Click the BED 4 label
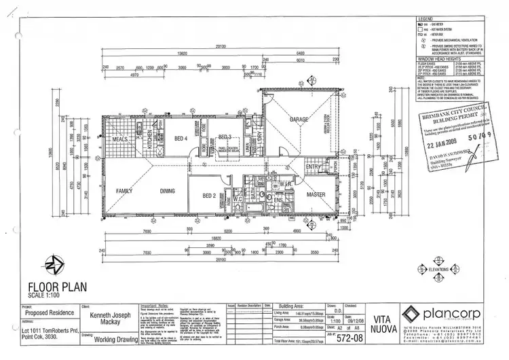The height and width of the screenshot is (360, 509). pos(181,139)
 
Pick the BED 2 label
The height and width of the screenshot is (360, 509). pos(209,196)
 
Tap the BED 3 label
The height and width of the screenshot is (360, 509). pos(225,137)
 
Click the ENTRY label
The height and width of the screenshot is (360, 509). pos(314,167)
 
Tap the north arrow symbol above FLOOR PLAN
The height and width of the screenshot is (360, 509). pos(52,263)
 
